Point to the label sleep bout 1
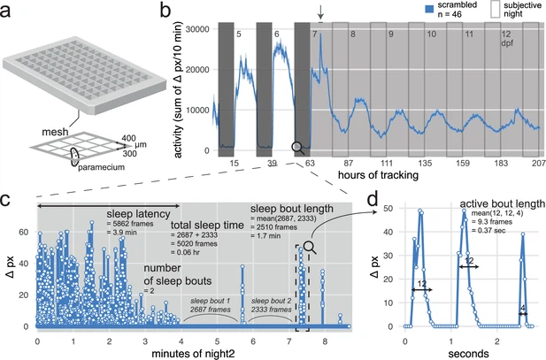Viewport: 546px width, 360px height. (211, 302)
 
